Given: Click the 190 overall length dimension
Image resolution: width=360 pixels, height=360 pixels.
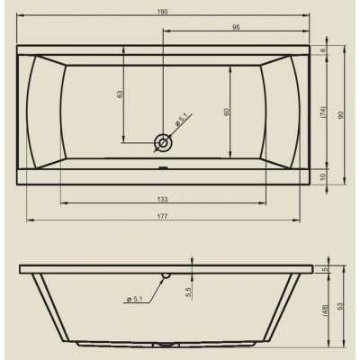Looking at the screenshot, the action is coord(162,12).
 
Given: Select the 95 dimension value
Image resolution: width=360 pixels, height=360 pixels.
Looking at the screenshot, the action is coord(236,27).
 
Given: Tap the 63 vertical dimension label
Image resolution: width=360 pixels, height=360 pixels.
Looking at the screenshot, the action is coord(120,94).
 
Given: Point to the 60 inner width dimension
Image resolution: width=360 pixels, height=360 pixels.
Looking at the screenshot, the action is coord(226,112).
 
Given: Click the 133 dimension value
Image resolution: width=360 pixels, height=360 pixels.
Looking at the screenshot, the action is coord(162,199).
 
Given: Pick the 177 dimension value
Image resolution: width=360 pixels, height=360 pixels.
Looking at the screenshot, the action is coord(162,216).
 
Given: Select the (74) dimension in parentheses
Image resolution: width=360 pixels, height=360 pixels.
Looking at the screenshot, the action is coord(323,112).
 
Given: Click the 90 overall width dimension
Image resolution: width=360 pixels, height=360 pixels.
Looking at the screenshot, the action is coord(340,115).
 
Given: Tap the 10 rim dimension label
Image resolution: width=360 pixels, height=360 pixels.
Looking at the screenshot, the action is coord(323,177).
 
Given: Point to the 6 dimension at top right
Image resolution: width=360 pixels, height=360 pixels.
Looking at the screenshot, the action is coord(323,50).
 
